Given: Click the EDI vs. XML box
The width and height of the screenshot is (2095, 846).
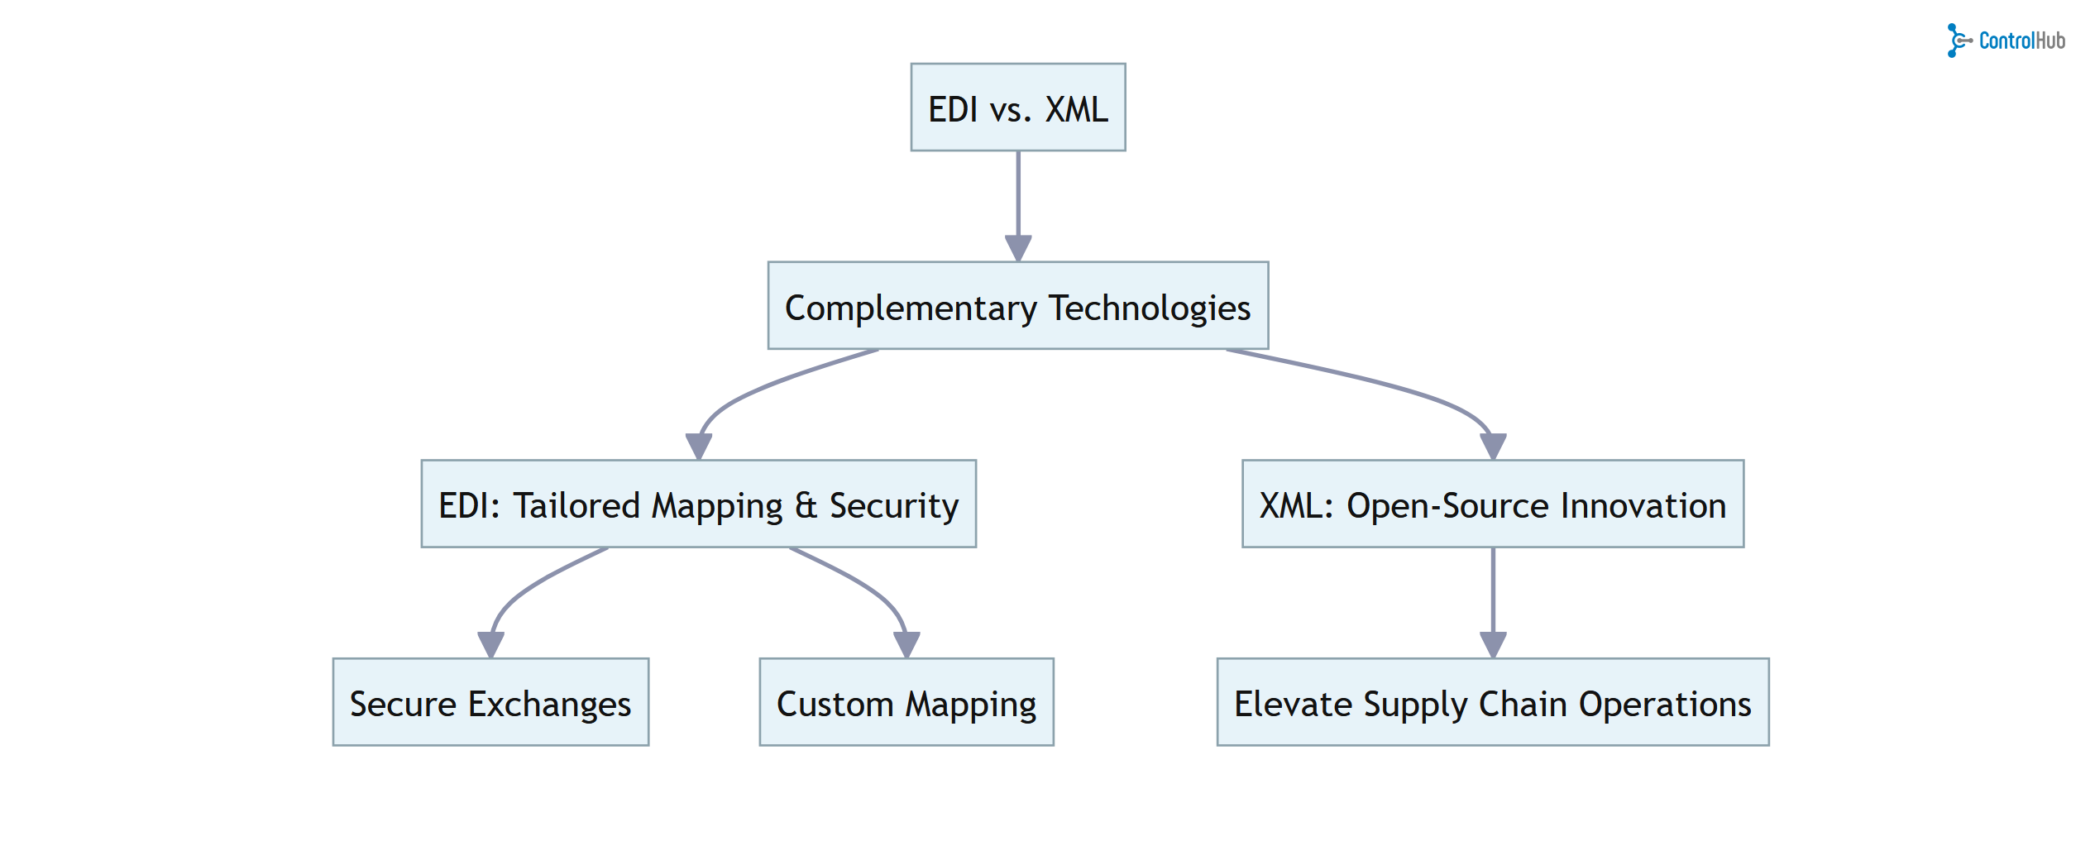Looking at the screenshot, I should [1017, 108].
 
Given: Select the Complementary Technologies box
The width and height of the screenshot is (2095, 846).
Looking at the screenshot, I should [1017, 306].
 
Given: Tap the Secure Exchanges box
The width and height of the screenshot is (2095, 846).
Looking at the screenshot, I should [490, 702].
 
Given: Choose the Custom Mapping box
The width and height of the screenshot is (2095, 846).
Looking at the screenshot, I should [906, 702].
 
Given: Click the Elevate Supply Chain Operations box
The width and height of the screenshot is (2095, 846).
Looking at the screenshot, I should [1492, 702].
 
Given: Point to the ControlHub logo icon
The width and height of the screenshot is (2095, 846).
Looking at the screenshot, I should [1958, 41].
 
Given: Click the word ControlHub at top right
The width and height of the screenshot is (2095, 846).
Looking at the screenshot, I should [2021, 41].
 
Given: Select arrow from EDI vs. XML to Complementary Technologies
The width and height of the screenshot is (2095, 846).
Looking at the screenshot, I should [1017, 198].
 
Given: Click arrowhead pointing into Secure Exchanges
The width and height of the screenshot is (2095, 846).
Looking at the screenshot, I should [490, 644].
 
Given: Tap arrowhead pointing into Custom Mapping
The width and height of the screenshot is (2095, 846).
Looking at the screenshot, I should [906, 644].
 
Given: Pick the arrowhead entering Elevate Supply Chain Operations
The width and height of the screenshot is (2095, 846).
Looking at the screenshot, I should [1492, 644].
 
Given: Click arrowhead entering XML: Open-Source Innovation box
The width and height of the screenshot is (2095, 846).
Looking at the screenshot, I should [1492, 446].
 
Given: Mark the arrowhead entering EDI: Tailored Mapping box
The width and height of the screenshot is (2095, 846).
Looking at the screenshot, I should [699, 446].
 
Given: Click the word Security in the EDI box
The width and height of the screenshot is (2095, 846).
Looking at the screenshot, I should [893, 505].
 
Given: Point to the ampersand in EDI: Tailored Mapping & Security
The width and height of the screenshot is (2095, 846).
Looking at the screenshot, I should [806, 505].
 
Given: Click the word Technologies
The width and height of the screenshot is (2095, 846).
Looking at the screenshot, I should [1150, 308].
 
